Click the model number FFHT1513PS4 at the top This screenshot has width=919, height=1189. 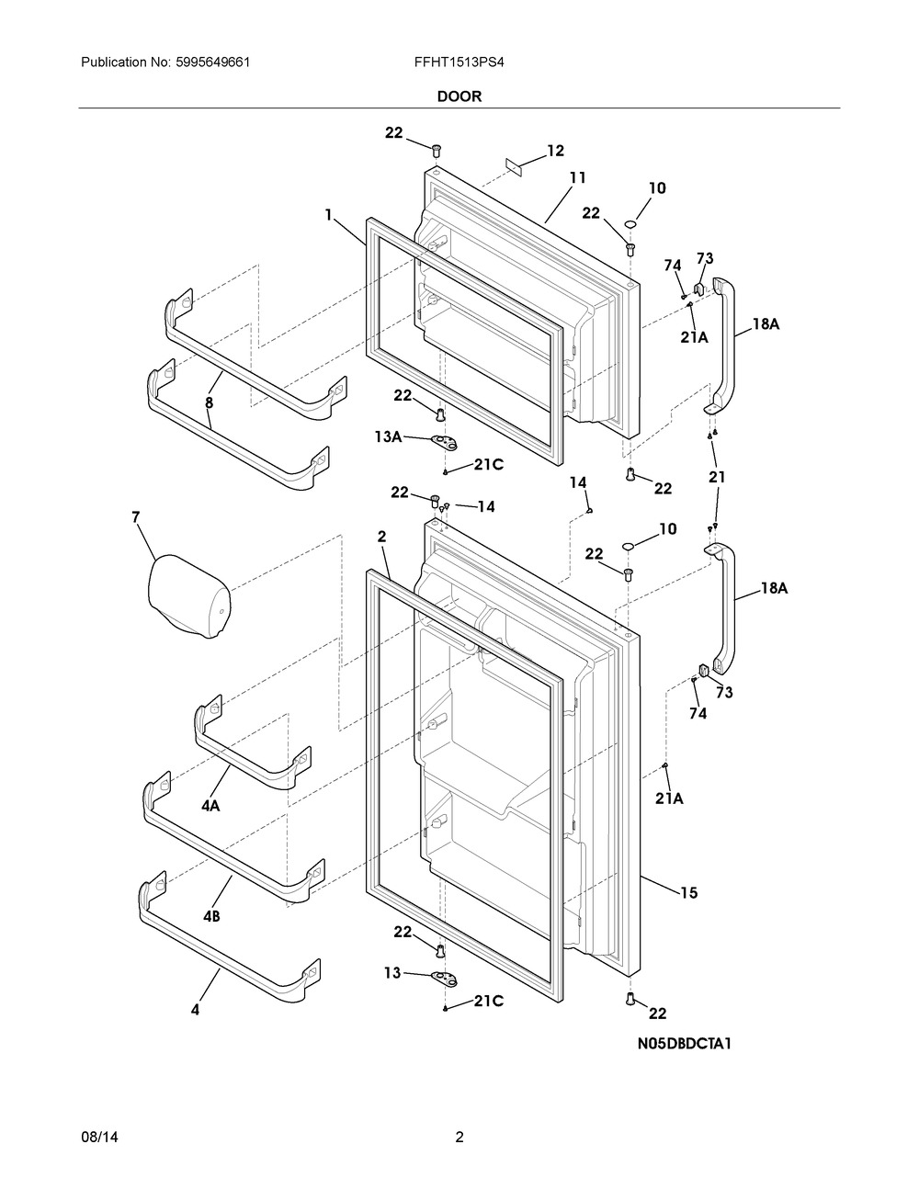click(x=459, y=63)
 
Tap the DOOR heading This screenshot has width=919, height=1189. click(x=459, y=96)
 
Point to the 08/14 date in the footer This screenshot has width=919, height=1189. click(x=99, y=1138)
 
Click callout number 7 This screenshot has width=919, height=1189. click(x=136, y=519)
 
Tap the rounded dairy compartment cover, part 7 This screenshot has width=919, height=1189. click(x=189, y=595)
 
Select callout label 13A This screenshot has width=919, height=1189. click(x=388, y=437)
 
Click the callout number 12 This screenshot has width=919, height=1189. click(x=555, y=151)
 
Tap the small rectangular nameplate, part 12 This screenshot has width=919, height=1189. click(x=514, y=166)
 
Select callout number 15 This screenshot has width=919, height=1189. click(x=688, y=892)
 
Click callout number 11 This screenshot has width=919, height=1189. click(x=577, y=177)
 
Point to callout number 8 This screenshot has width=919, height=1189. click(x=210, y=402)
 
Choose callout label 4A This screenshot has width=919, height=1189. click(x=210, y=806)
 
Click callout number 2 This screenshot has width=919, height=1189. click(x=381, y=536)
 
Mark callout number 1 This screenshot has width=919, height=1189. click(x=328, y=214)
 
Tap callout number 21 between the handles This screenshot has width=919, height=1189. click(x=717, y=478)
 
